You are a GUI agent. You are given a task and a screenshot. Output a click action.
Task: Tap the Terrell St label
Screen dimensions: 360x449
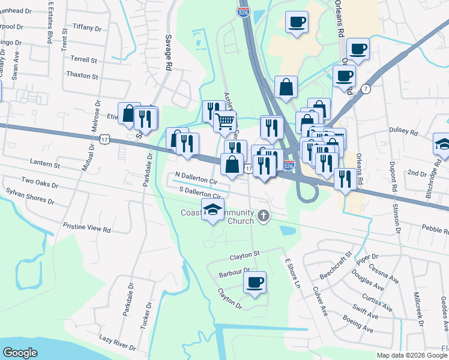tap(84, 61)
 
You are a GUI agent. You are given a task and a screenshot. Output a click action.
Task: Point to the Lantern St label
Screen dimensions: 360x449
tap(46, 164)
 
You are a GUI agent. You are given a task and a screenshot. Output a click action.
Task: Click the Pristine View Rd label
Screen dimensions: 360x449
tap(87, 229)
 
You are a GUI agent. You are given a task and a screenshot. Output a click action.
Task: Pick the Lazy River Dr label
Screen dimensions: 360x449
tap(118, 343)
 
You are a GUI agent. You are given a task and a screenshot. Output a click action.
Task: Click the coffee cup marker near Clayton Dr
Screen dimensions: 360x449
tap(255, 282)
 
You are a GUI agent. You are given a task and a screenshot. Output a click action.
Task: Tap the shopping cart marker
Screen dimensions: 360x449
tap(224, 121)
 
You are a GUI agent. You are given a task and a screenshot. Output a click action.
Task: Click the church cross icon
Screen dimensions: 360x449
tap(263, 215)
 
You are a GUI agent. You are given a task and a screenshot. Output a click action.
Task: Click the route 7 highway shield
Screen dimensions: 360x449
tap(366, 89)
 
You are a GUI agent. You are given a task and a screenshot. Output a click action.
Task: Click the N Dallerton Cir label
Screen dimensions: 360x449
tap(196, 178)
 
